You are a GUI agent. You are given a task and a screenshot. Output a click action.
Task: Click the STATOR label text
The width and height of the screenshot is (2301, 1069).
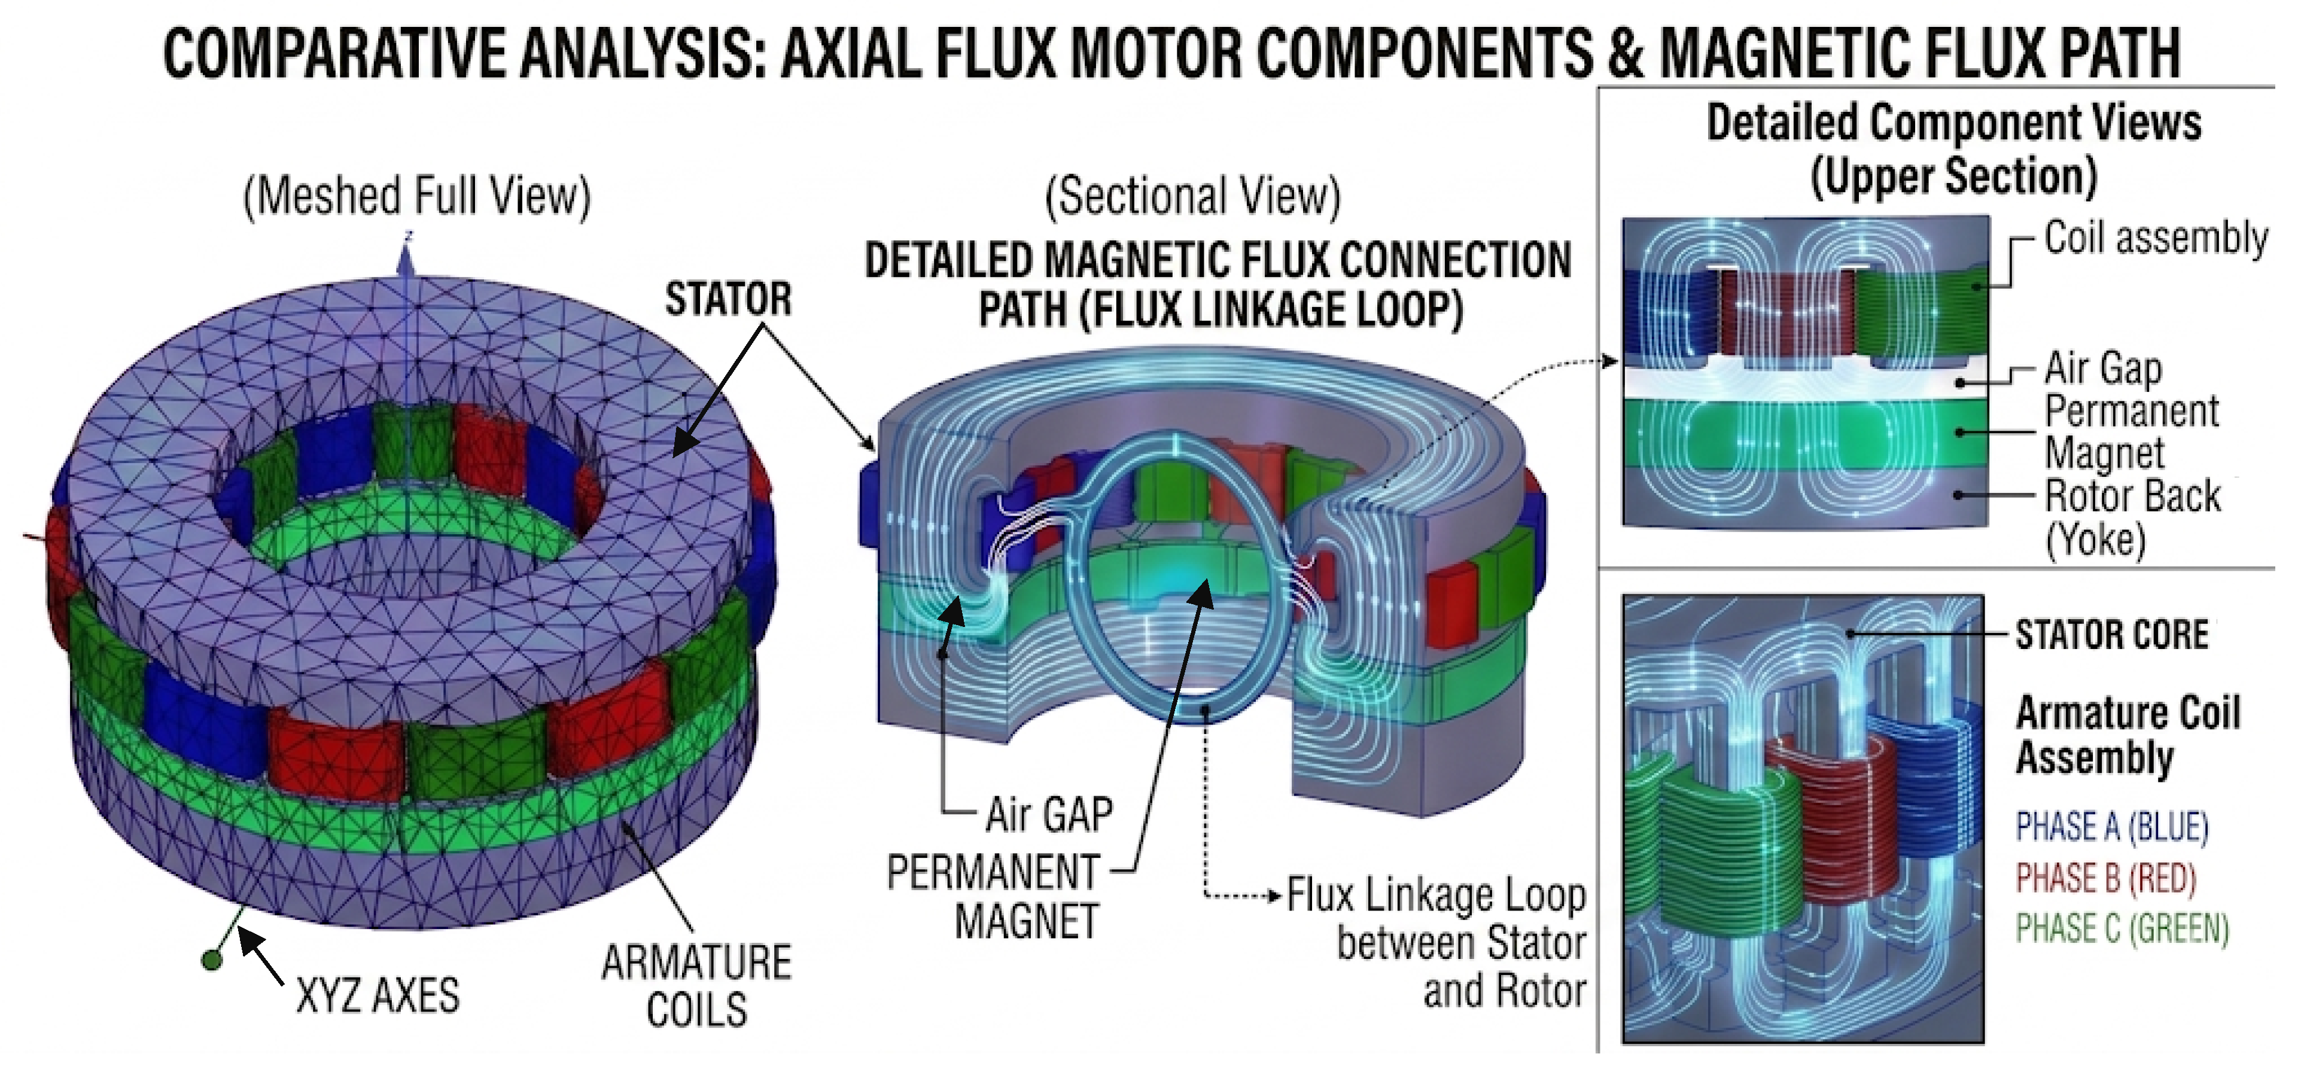728,299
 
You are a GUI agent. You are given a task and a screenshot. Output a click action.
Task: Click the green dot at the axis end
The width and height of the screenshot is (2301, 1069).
212,960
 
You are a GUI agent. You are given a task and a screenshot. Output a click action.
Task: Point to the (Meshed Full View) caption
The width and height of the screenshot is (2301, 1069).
417,196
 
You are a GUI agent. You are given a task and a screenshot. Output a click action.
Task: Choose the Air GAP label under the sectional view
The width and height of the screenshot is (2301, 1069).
1049,815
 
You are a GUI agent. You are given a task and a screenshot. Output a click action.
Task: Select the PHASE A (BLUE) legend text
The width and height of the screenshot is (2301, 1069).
2111,827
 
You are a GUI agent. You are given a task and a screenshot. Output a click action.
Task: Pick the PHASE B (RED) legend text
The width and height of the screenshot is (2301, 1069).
2105,879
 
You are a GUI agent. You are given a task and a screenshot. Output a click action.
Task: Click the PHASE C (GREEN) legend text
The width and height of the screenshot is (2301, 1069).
2122,930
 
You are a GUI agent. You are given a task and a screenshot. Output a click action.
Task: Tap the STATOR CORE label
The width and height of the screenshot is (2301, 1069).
2111,635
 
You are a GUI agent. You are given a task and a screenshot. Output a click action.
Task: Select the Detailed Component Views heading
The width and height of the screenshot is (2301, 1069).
1953,123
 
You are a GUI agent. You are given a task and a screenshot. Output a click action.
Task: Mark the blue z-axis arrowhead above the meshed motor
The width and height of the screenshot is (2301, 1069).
406,260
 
